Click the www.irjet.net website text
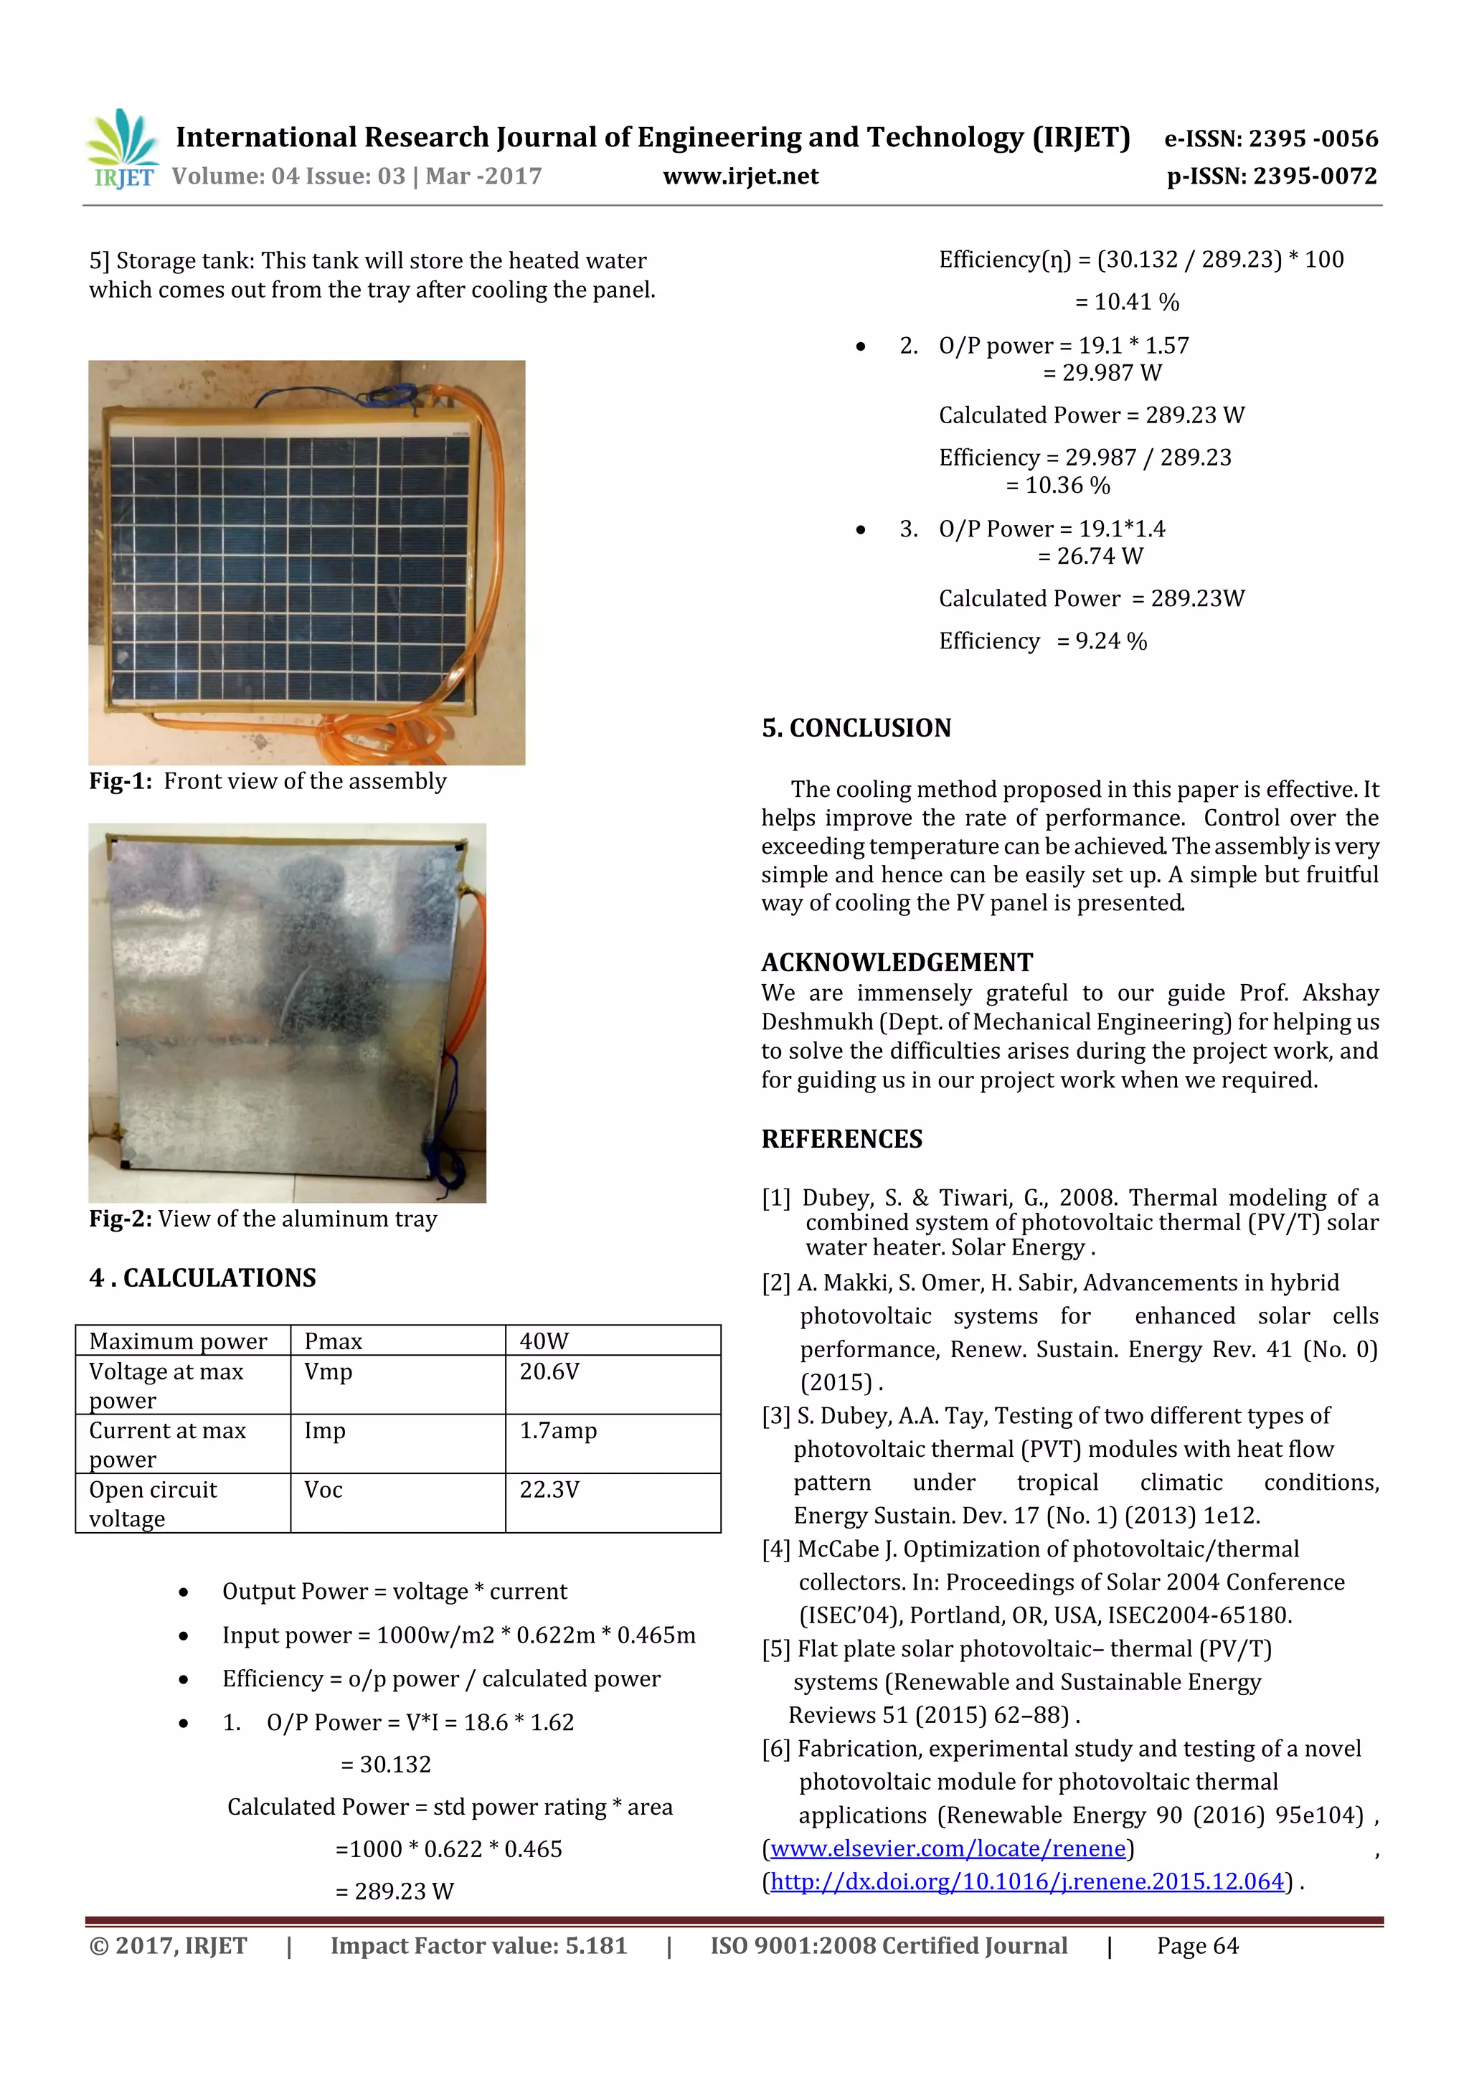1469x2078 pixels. [740, 176]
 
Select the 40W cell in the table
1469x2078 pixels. [544, 1341]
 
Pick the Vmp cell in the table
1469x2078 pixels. [328, 1372]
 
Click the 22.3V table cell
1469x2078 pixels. [549, 1490]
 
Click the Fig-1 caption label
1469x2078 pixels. [121, 781]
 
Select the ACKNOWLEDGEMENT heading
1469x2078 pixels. [896, 962]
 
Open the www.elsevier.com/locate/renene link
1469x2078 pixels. [948, 1848]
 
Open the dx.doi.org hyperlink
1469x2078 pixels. [1026, 1881]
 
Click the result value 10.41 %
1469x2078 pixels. [1136, 302]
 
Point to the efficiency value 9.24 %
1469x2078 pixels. [1110, 642]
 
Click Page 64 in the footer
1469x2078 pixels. [1196, 1946]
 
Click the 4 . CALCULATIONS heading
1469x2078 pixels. [203, 1278]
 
